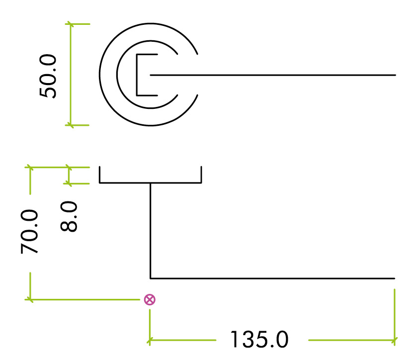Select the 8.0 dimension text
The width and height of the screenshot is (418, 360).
tap(70, 217)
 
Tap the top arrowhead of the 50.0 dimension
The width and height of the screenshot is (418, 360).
tap(71, 24)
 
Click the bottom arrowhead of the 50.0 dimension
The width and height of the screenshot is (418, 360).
tap(71, 125)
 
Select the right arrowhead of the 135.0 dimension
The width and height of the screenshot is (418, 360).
tap(395, 341)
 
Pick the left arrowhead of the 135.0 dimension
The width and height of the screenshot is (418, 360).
tap(150, 341)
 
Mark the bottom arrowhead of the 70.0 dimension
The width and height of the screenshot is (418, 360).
tap(31, 299)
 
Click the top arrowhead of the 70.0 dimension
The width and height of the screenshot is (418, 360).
tap(31, 168)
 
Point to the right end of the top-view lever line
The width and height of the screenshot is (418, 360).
tap(395, 75)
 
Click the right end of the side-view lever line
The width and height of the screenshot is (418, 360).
tap(394, 278)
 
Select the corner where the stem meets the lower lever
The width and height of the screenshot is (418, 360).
tap(151, 278)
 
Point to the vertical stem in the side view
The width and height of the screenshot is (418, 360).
tap(151, 229)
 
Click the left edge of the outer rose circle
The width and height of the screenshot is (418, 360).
tap(100, 75)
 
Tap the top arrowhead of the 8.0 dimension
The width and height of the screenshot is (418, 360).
tap(70, 168)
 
